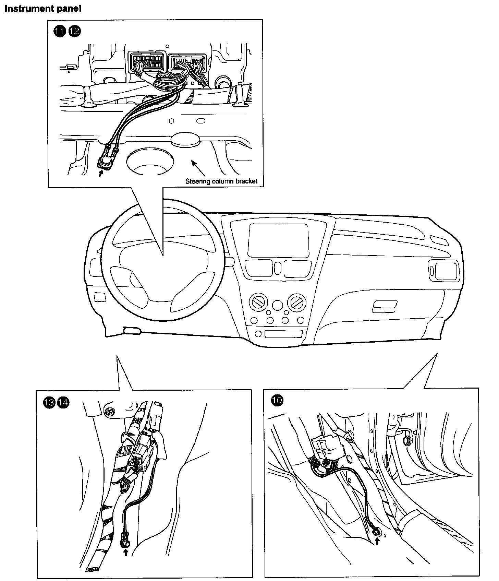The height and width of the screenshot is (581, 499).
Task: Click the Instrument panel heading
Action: (x=42, y=9)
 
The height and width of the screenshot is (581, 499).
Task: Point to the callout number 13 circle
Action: (x=49, y=402)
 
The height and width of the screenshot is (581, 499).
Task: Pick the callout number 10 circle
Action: (x=277, y=400)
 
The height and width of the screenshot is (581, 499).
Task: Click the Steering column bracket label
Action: (x=221, y=181)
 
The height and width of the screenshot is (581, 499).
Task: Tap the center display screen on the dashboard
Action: (x=278, y=240)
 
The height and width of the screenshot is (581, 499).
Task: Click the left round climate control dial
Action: (x=257, y=301)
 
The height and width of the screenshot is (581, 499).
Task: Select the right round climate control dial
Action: (x=296, y=301)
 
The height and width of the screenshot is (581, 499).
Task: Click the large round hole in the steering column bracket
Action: (x=149, y=161)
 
